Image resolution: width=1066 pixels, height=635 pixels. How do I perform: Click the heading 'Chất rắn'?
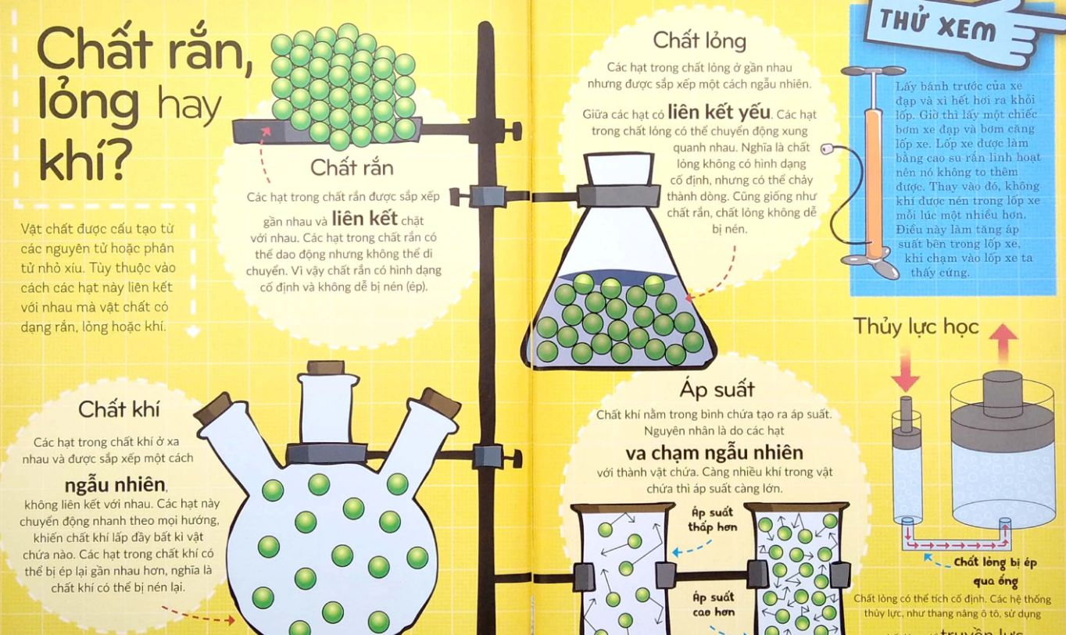(x=352, y=167)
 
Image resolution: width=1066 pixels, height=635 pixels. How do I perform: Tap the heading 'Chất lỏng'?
(x=699, y=41)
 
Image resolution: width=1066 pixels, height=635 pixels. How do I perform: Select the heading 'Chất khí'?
(x=119, y=409)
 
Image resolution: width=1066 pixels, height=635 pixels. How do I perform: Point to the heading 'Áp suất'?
(x=717, y=389)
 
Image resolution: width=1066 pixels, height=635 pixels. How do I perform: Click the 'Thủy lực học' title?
(x=916, y=326)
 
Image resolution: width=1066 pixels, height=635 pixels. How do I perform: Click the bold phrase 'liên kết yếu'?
(x=718, y=112)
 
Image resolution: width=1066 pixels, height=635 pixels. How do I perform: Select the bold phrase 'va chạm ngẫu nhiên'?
(x=714, y=452)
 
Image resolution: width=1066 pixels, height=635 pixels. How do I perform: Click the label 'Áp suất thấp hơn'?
(x=712, y=519)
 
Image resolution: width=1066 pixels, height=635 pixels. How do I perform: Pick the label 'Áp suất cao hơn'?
(x=714, y=605)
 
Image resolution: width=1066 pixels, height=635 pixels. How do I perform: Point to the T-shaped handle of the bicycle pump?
(x=873, y=71)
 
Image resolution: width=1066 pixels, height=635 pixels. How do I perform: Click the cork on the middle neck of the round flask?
(x=326, y=367)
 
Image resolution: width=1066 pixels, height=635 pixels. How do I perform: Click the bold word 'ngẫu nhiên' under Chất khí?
(x=115, y=485)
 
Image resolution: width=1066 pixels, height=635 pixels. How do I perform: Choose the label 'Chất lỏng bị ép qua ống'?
(x=995, y=571)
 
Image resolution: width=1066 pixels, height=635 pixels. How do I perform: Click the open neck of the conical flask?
(x=619, y=169)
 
